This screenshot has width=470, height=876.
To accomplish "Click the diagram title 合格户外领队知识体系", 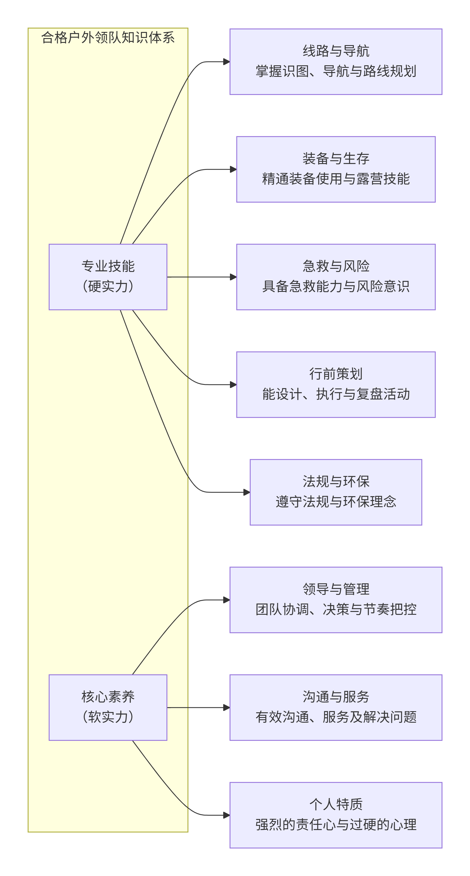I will coord(108,37).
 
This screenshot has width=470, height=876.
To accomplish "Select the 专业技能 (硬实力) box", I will coord(108,277).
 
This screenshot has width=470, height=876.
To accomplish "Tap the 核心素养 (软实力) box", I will coord(108,707).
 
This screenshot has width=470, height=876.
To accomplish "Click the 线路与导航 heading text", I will coord(336,51).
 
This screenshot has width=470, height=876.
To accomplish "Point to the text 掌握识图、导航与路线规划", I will coord(336,71).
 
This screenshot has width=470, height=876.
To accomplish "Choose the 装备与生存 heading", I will coord(336,158).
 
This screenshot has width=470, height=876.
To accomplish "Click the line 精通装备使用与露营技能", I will coord(336,179).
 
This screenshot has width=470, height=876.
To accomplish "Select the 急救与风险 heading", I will coord(336,266).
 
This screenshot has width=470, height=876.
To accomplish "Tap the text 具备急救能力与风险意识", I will coord(336,286).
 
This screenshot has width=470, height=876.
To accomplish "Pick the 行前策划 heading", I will coord(336,374).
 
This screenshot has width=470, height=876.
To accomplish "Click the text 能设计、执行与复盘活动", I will coord(336,394).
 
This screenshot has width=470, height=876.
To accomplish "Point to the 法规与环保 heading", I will coord(336,482).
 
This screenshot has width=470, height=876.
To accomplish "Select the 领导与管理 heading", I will coord(336,589).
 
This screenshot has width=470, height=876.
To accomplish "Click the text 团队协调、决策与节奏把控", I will coord(336,609).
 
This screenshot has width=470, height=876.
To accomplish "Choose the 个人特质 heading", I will coord(336,804).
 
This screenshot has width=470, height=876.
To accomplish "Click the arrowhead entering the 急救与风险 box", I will coord(233,277).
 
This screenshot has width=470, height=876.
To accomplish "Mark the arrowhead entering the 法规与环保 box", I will coord(246,492).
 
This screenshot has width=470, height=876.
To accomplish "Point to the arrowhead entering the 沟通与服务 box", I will coord(227,707).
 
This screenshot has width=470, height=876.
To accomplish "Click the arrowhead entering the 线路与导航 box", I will coord(227,62).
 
